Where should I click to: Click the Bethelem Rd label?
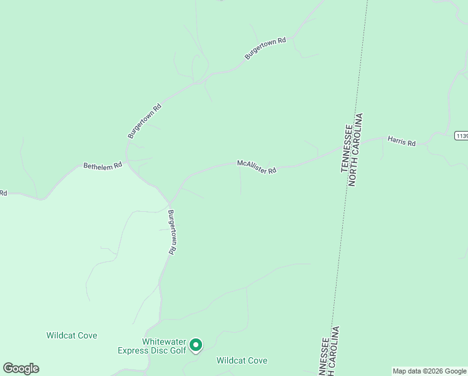click(x=103, y=166)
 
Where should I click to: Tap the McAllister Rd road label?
click(x=257, y=167)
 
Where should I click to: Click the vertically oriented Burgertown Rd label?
click(x=171, y=231)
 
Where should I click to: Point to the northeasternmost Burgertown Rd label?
click(x=265, y=49)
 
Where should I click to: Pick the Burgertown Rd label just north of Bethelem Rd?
click(x=145, y=121)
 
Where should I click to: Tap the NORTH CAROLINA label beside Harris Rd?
click(x=355, y=150)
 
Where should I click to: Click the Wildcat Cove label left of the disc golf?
click(x=72, y=336)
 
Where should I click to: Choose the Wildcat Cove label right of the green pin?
click(x=242, y=360)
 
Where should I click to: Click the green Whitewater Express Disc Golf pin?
click(x=196, y=345)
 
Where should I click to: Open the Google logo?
click(x=21, y=368)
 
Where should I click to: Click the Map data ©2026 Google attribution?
click(x=429, y=371)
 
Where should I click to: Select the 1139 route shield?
click(x=462, y=135)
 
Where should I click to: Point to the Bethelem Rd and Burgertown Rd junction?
click(x=128, y=160)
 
